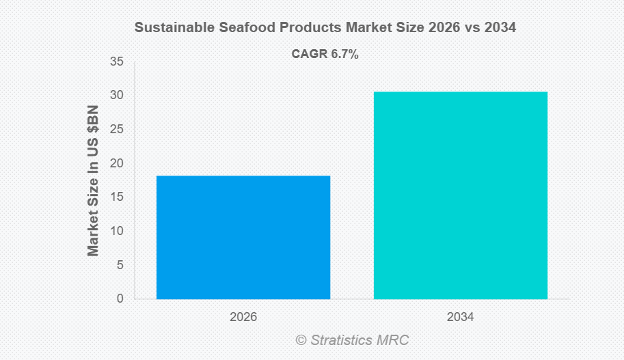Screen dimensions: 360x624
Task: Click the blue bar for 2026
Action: click(x=243, y=237)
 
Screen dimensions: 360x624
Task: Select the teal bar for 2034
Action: click(x=460, y=195)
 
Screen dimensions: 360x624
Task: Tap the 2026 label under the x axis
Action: click(x=243, y=318)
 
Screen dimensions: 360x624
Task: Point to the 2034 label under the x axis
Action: click(x=460, y=318)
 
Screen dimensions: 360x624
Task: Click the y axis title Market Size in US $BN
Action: click(x=94, y=181)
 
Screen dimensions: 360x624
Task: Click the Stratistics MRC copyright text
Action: click(x=352, y=340)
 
